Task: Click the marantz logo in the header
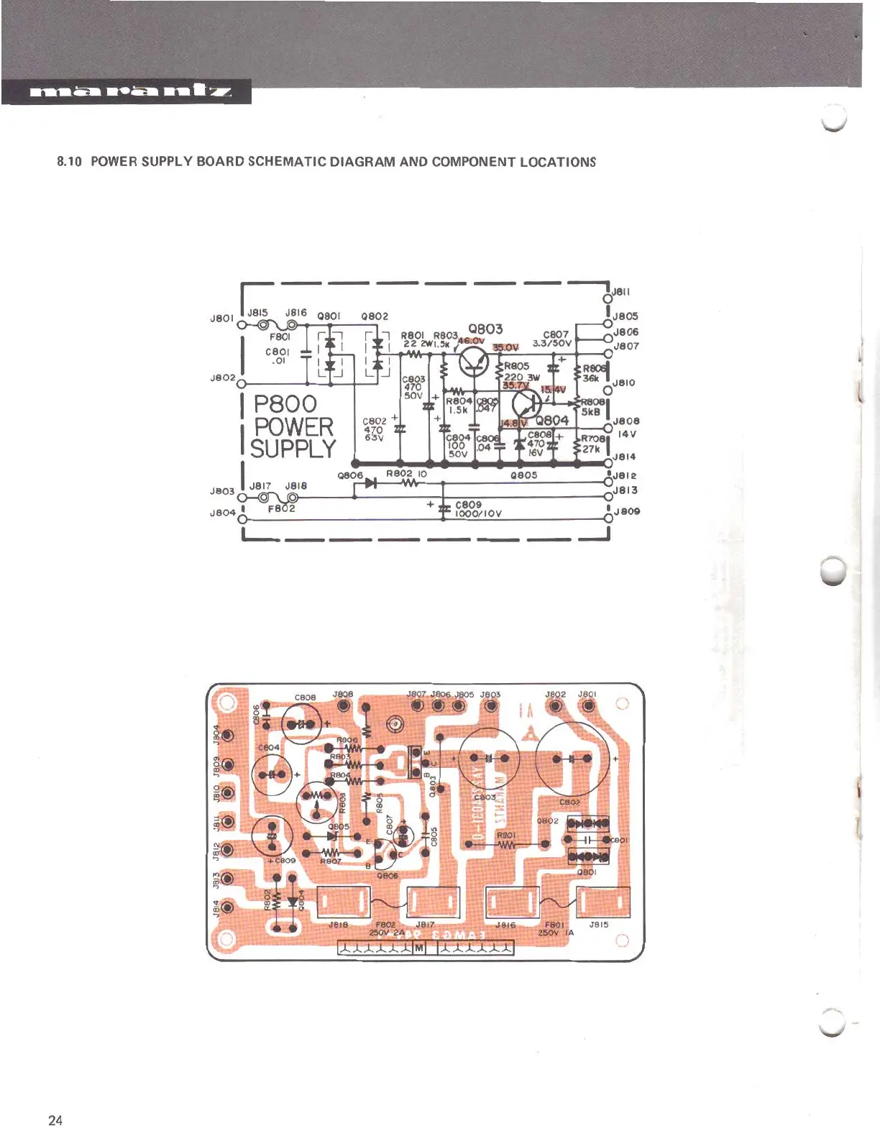point(129,91)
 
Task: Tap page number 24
point(55,1120)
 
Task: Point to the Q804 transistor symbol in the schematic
point(526,403)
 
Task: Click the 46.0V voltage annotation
point(472,341)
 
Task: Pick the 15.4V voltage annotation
point(553,390)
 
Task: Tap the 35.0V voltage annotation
point(505,347)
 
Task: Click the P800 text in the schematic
point(285,404)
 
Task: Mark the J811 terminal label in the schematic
point(621,292)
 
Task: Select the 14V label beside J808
point(627,434)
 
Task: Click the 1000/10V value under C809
point(478,513)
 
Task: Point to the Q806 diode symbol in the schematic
point(370,482)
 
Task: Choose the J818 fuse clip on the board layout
point(343,902)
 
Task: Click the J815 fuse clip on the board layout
point(604,902)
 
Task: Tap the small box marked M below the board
point(419,948)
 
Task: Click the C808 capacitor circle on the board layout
point(301,723)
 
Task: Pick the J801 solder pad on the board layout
point(589,706)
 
